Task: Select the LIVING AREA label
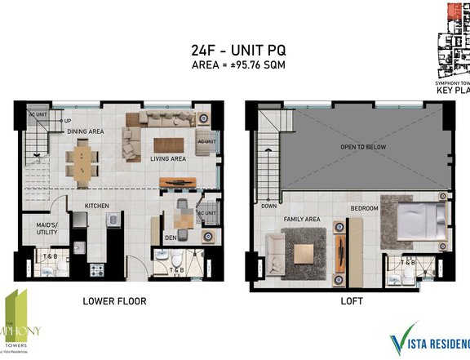170,159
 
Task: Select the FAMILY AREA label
302,220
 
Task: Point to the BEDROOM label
365,208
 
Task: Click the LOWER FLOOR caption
114,302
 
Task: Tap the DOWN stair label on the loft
268,207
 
